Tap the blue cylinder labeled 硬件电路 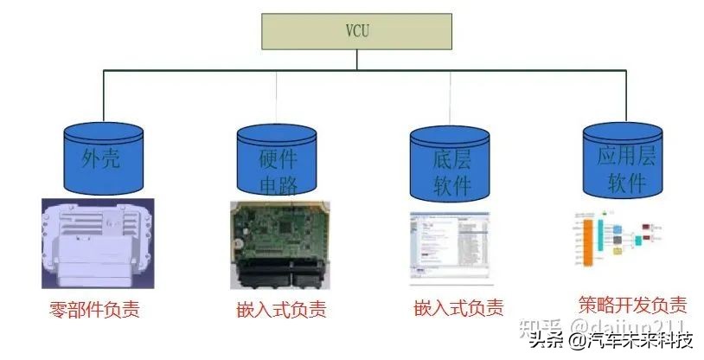(x=277, y=160)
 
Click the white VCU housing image (x=98, y=243)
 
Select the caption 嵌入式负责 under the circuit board (x=281, y=309)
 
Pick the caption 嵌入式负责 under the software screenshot (x=458, y=307)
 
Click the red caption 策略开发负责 (x=632, y=305)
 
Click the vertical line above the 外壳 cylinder (x=103, y=96)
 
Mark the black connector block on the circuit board (x=277, y=273)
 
